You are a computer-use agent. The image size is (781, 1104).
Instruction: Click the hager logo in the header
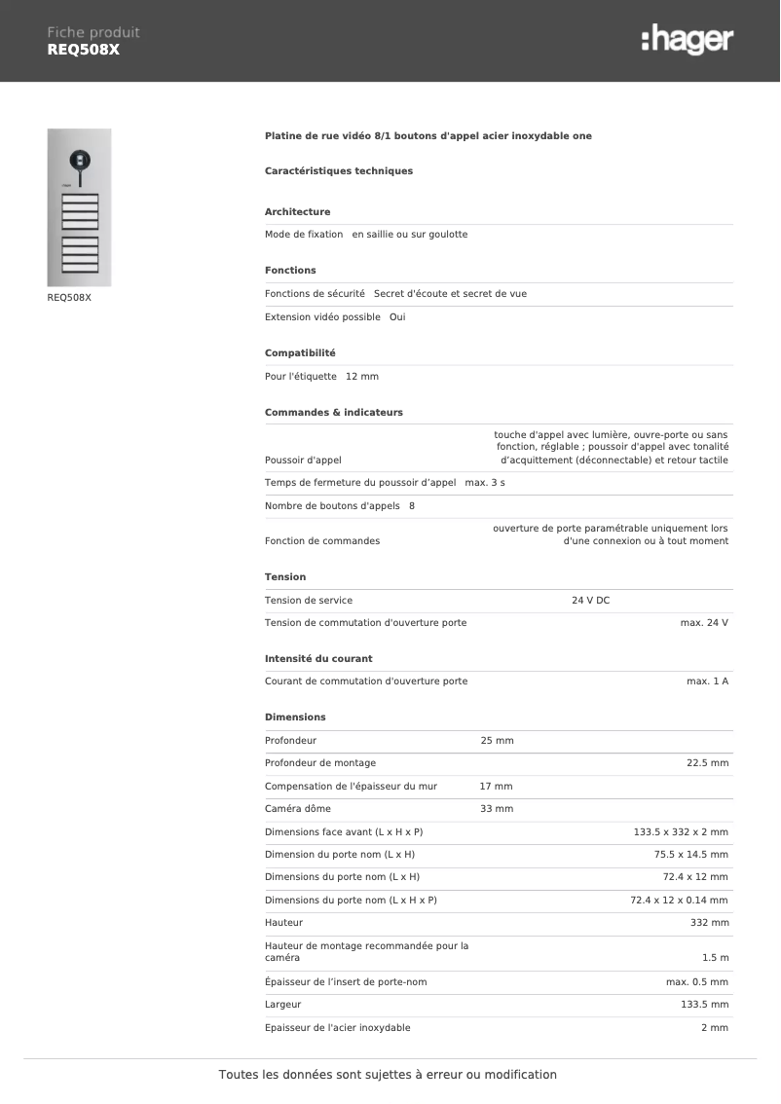click(688, 40)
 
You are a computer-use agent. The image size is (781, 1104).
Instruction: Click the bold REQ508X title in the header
click(84, 50)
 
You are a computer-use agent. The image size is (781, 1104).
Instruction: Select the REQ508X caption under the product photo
click(69, 298)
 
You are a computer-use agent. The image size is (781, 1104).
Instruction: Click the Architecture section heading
click(297, 211)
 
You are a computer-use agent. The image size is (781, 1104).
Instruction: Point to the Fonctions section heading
click(290, 270)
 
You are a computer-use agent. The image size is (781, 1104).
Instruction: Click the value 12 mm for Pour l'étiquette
click(362, 376)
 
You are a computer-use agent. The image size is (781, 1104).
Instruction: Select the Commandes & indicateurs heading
click(333, 412)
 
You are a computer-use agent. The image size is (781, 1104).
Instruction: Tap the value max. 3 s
click(485, 482)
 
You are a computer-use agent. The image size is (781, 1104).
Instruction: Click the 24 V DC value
click(590, 600)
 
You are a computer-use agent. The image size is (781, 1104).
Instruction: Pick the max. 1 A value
click(707, 681)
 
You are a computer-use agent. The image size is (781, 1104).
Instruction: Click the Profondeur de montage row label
click(319, 762)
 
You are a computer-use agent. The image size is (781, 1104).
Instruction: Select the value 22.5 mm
click(707, 762)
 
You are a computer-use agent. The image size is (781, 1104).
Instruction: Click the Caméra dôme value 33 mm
click(497, 808)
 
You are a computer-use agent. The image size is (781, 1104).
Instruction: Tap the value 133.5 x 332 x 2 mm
click(681, 831)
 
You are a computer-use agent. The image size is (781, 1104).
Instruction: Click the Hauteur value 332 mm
click(709, 922)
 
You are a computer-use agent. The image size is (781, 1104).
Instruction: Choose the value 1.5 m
click(715, 958)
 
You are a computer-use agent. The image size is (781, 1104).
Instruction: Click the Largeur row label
click(282, 1004)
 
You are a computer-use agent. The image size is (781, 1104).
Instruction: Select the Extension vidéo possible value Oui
click(397, 317)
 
